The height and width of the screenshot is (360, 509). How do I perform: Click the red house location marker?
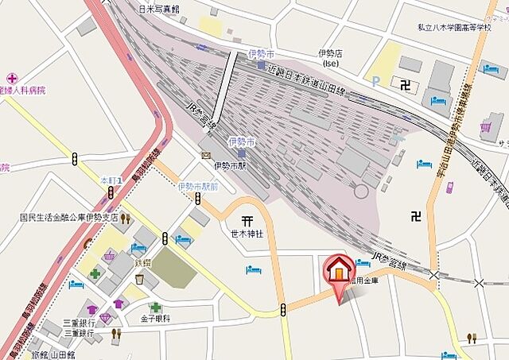click(x=338, y=273)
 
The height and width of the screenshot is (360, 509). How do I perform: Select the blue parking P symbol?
click(x=375, y=79)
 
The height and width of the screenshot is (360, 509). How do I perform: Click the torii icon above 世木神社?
click(x=247, y=220)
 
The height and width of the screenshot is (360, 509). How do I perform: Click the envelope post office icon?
click(x=205, y=155)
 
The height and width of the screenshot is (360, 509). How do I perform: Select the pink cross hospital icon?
click(x=11, y=78)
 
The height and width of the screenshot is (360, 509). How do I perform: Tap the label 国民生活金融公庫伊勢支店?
click(x=68, y=216)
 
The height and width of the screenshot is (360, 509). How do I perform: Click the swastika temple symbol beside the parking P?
click(x=406, y=83)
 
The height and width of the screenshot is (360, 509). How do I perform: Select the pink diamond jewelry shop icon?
click(x=105, y=317)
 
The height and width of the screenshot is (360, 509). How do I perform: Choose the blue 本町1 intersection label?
click(x=110, y=181)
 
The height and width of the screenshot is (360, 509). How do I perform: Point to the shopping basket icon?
click(x=110, y=254)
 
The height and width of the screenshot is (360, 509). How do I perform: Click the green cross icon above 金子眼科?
click(x=156, y=307)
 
